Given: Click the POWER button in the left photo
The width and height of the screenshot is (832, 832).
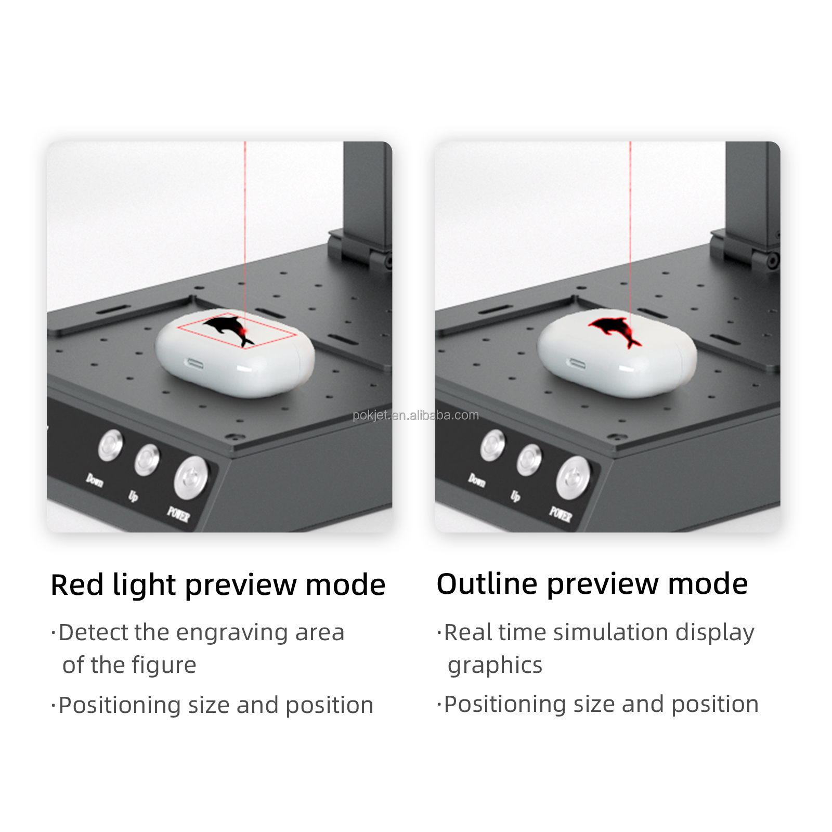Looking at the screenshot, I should click(191, 477).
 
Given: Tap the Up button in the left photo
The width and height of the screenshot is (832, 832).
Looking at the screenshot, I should click(147, 460).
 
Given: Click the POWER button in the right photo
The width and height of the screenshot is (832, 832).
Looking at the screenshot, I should click(573, 477).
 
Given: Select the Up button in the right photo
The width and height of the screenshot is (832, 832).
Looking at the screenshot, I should click(529, 460).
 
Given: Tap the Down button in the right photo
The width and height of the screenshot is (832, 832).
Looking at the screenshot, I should click(492, 446).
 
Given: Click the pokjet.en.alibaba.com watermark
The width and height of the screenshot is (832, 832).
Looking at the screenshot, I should click(415, 415).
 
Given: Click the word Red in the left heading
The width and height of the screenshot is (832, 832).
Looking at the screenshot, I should click(77, 584).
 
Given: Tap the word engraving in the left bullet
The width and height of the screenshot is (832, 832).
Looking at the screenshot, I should click(231, 633).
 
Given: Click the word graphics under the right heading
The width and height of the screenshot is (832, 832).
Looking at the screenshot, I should click(495, 665).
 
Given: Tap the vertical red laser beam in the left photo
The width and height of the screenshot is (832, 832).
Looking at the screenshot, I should click(245, 218).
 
